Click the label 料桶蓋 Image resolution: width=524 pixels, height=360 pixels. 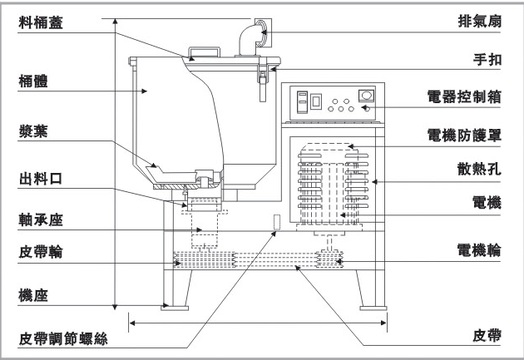click(44, 22)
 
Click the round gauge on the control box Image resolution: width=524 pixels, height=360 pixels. click(364, 95)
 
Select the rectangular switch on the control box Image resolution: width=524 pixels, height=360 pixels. click(317, 101)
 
